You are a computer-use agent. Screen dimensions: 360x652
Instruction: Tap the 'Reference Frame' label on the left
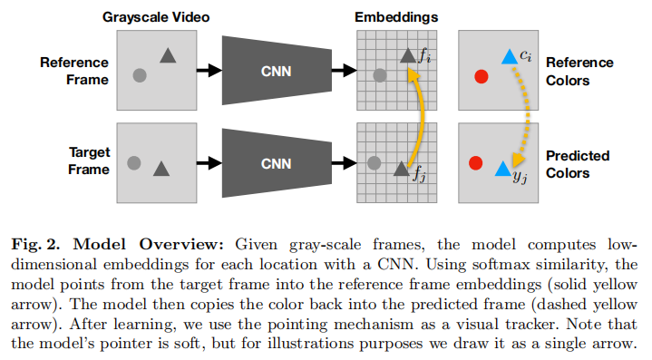click(74, 71)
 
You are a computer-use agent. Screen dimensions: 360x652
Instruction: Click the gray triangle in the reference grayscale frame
click(168, 56)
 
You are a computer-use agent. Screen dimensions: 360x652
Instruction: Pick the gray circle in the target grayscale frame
click(134, 163)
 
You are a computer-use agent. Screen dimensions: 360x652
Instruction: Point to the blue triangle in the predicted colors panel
click(501, 168)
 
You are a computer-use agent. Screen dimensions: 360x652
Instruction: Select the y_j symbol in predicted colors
click(520, 176)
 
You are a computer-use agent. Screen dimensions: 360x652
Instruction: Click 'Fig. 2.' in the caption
click(35, 244)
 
